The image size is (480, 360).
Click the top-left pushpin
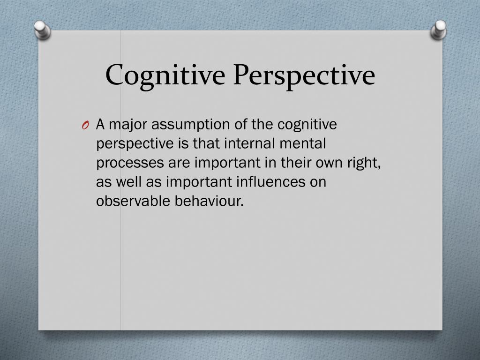42,30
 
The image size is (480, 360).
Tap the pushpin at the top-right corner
439,30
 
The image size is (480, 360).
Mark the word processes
128,163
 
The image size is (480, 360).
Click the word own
330,163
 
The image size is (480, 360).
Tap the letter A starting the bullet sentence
100,125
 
